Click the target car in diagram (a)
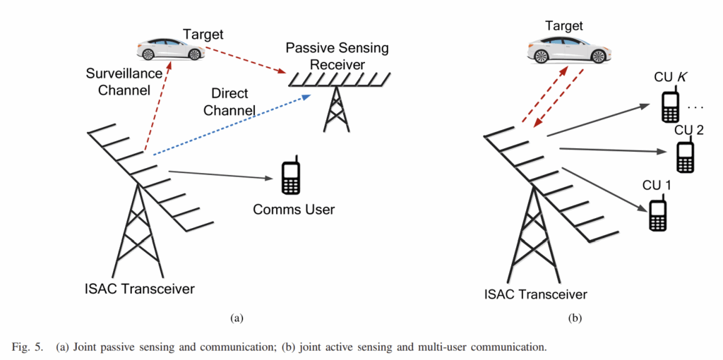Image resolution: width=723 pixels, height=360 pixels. [x=170, y=49]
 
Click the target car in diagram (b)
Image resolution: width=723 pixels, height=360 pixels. [x=567, y=50]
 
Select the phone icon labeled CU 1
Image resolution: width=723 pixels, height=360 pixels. [x=657, y=214]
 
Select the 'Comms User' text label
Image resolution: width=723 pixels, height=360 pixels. [x=294, y=209]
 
